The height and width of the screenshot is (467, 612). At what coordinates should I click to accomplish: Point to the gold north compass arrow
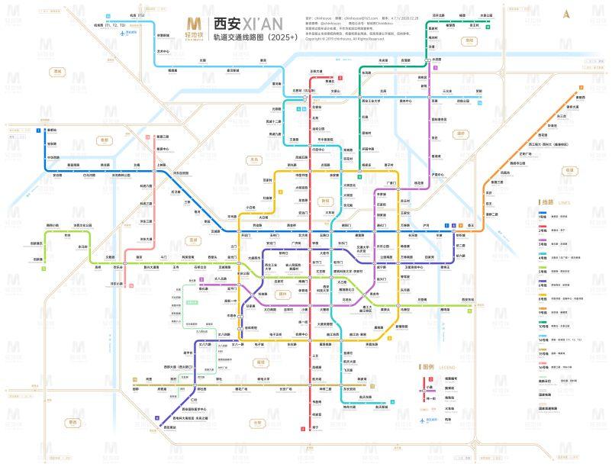(x=565, y=13)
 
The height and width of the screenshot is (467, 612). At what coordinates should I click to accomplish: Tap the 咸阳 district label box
(x=55, y=72)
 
